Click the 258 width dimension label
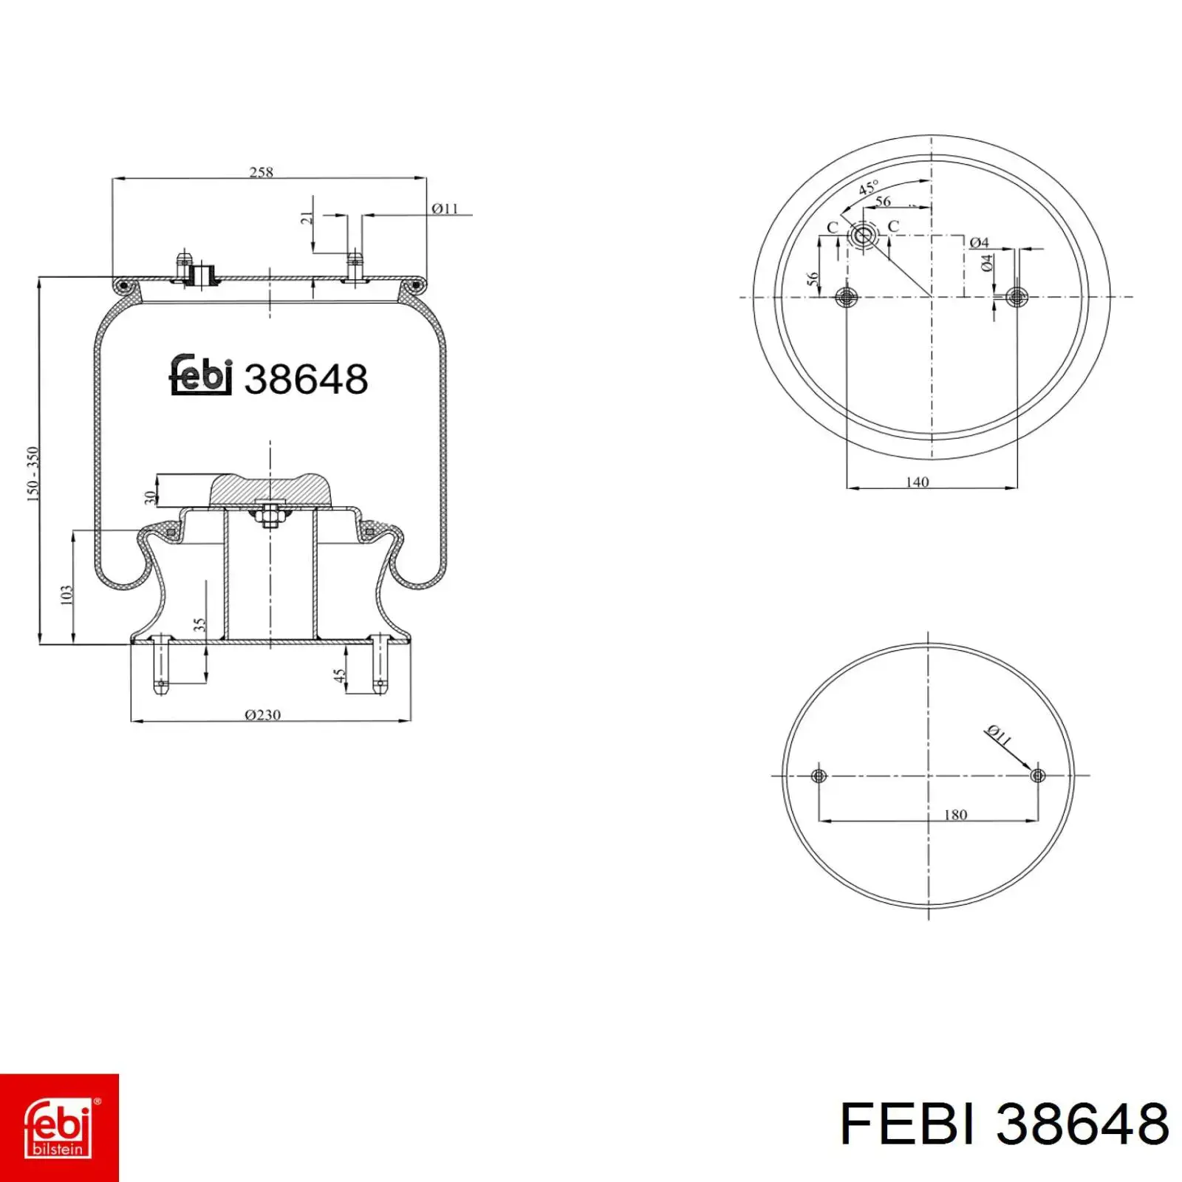(x=262, y=172)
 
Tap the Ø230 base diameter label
(x=263, y=714)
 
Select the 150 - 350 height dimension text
(x=33, y=474)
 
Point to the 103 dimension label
(x=66, y=595)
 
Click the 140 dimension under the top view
(x=917, y=482)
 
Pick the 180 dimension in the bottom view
(x=955, y=815)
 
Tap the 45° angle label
(x=869, y=188)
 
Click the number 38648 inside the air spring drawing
(x=306, y=380)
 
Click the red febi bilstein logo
(x=59, y=1127)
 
